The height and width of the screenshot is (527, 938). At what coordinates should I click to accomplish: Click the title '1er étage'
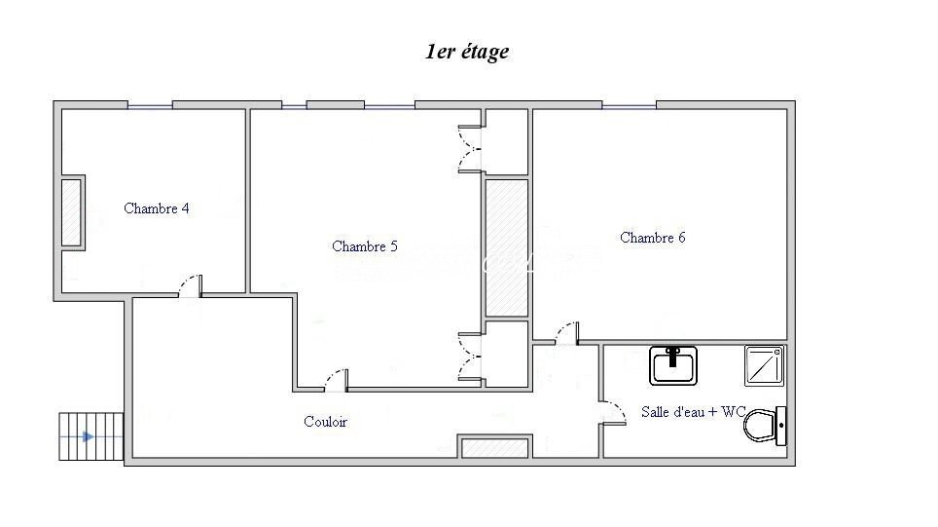click(467, 52)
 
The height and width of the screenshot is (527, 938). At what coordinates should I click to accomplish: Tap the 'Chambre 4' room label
click(156, 208)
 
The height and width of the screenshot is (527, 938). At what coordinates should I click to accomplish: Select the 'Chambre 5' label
click(364, 246)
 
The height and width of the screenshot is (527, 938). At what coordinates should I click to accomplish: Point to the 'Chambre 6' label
click(652, 237)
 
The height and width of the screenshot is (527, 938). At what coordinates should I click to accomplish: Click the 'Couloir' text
click(325, 422)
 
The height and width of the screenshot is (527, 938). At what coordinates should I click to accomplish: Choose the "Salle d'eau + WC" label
click(693, 412)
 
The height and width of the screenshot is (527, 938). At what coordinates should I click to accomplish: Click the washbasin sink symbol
click(673, 365)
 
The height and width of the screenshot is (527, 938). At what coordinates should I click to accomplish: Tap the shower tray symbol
click(764, 365)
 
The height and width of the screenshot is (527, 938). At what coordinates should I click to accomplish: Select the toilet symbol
click(765, 426)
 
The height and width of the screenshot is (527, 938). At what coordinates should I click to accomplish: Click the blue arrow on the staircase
click(88, 437)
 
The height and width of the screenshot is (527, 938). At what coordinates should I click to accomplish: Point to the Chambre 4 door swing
click(191, 285)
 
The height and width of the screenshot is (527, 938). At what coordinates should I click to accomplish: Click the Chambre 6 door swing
click(566, 333)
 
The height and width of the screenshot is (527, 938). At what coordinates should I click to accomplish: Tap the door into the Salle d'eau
click(613, 413)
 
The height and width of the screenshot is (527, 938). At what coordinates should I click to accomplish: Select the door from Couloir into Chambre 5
click(337, 380)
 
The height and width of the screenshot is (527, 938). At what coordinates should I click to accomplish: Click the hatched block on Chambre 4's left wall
click(72, 212)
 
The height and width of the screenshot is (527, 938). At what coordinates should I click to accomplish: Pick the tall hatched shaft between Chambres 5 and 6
click(507, 248)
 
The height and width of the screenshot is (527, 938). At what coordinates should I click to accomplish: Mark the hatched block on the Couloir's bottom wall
click(495, 448)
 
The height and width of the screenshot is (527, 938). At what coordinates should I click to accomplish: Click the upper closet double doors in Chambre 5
click(470, 149)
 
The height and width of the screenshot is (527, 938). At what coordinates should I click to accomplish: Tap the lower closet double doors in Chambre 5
click(470, 357)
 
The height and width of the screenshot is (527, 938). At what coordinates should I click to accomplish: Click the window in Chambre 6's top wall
click(629, 106)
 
